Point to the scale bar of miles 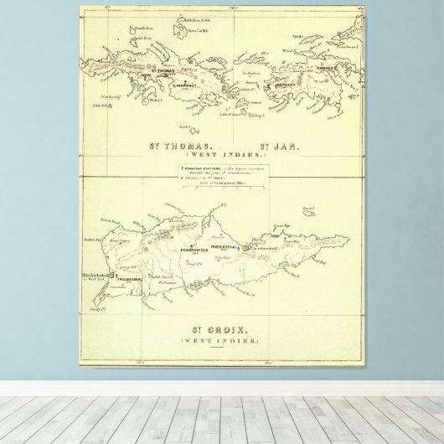[225, 189]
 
